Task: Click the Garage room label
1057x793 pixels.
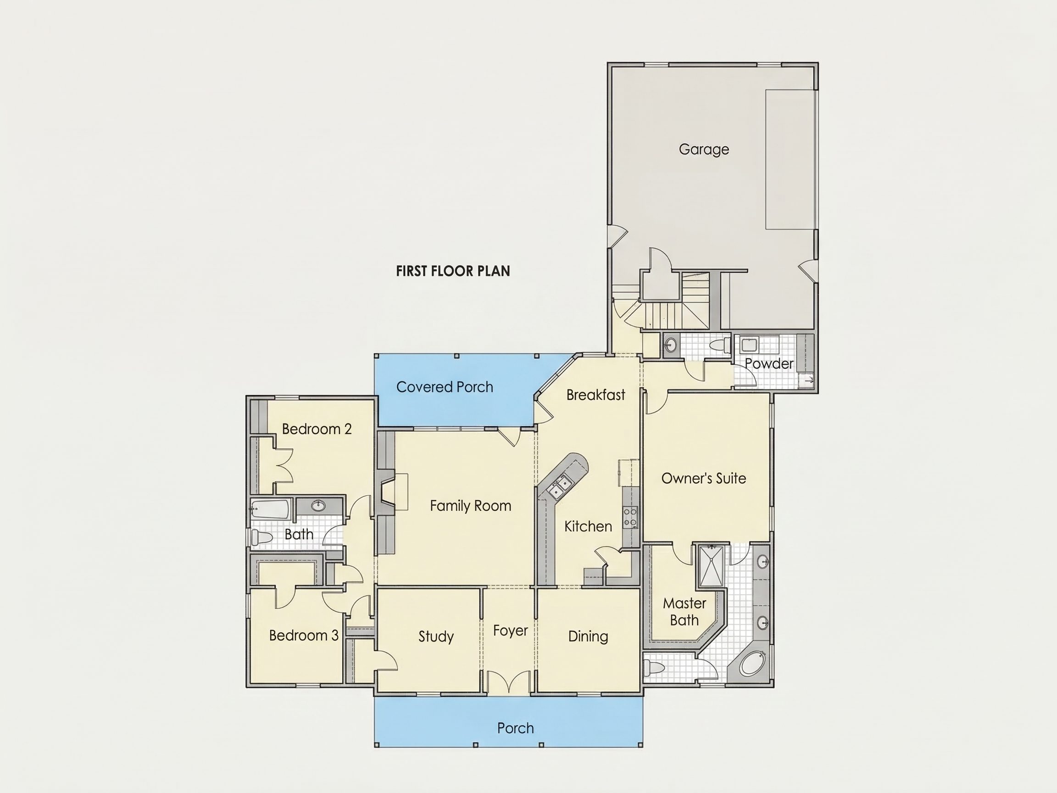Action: [x=704, y=150]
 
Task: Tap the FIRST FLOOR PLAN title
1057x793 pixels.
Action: [x=453, y=271]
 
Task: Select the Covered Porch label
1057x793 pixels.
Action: [x=445, y=387]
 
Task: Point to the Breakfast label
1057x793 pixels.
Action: [x=595, y=395]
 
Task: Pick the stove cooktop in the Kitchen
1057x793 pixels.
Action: [x=630, y=517]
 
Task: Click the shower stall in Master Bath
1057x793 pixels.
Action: [x=711, y=565]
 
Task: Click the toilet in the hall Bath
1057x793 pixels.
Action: [x=261, y=537]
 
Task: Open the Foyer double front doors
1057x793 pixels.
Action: [x=509, y=682]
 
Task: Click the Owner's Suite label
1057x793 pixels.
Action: [x=703, y=479]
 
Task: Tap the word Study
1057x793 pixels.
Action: [x=436, y=636]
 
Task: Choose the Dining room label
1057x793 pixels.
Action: [x=588, y=636]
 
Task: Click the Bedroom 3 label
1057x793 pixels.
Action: [x=303, y=635]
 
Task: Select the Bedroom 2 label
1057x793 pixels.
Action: [x=317, y=429]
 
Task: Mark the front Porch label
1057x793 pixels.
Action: [x=515, y=728]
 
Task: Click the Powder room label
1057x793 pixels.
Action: [x=769, y=364]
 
